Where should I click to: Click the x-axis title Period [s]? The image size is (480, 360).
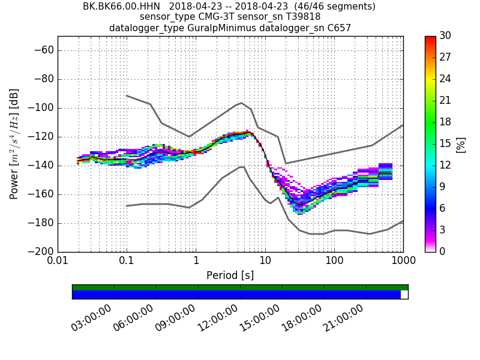[x=230, y=275]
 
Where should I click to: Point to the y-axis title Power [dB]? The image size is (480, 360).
[x=14, y=144]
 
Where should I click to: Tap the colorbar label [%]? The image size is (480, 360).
[x=461, y=144]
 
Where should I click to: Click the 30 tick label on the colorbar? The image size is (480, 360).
[x=445, y=36]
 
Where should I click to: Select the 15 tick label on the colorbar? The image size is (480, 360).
[x=445, y=143]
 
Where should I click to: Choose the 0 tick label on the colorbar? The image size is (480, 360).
[x=443, y=251]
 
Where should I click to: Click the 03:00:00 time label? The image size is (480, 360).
[x=92, y=317]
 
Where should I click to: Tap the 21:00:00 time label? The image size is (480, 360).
[x=344, y=317]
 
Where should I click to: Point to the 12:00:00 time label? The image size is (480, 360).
[x=218, y=317]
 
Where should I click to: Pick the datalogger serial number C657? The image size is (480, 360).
[x=338, y=28]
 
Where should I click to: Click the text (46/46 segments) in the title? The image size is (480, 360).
[x=331, y=7]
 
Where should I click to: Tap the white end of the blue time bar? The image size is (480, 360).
[x=404, y=295]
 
